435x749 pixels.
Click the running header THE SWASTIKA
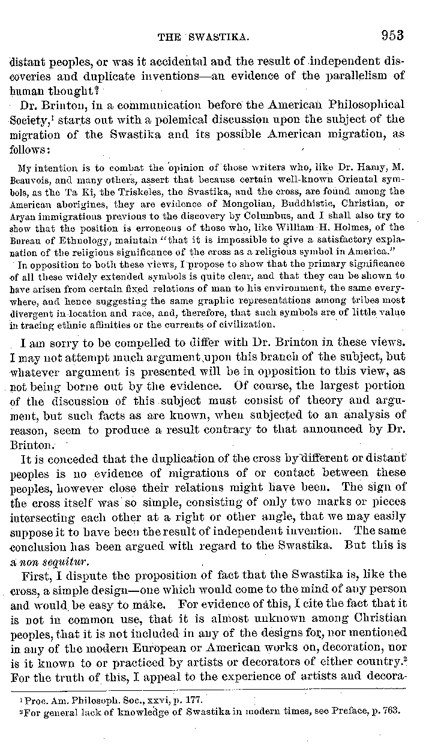click(203, 37)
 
